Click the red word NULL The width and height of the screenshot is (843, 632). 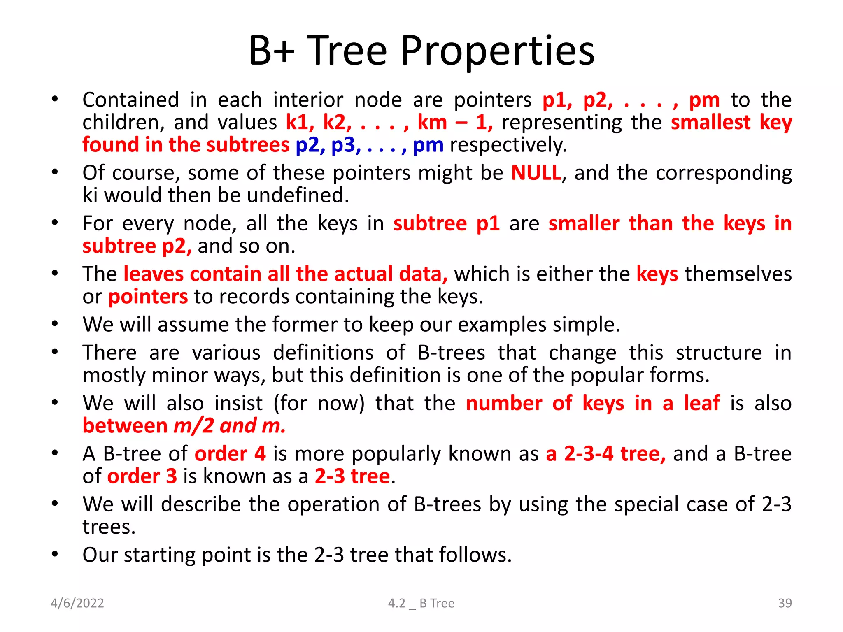pos(536,173)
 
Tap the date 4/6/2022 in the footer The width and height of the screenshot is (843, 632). pos(77,603)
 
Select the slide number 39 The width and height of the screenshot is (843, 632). pos(785,603)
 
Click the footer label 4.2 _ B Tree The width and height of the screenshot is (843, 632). pos(421,603)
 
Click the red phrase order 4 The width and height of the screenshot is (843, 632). pos(230,454)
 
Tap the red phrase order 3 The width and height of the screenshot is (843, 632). pos(142,476)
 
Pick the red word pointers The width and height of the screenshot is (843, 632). pos(148,297)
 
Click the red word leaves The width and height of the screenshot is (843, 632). pos(154,274)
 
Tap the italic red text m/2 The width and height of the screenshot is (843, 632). pos(193,426)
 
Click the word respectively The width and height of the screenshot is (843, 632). pos(508,145)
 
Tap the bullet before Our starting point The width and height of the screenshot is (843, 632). pos(55,555)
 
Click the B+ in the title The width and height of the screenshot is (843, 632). pos(271,51)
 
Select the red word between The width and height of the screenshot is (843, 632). pos(125,426)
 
